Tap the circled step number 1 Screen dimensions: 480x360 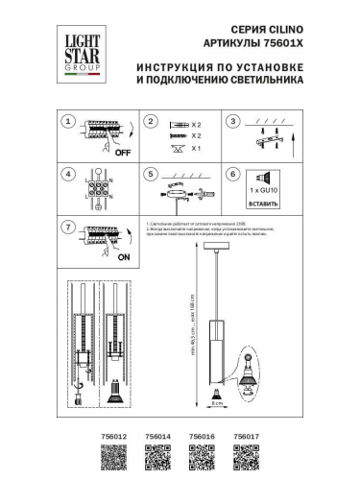pyautogui.click(x=67, y=122)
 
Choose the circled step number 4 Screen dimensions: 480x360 pyautogui.click(x=67, y=175)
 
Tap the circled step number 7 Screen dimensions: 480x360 pyautogui.click(x=67, y=228)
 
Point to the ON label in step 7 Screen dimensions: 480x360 pyautogui.click(x=122, y=258)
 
